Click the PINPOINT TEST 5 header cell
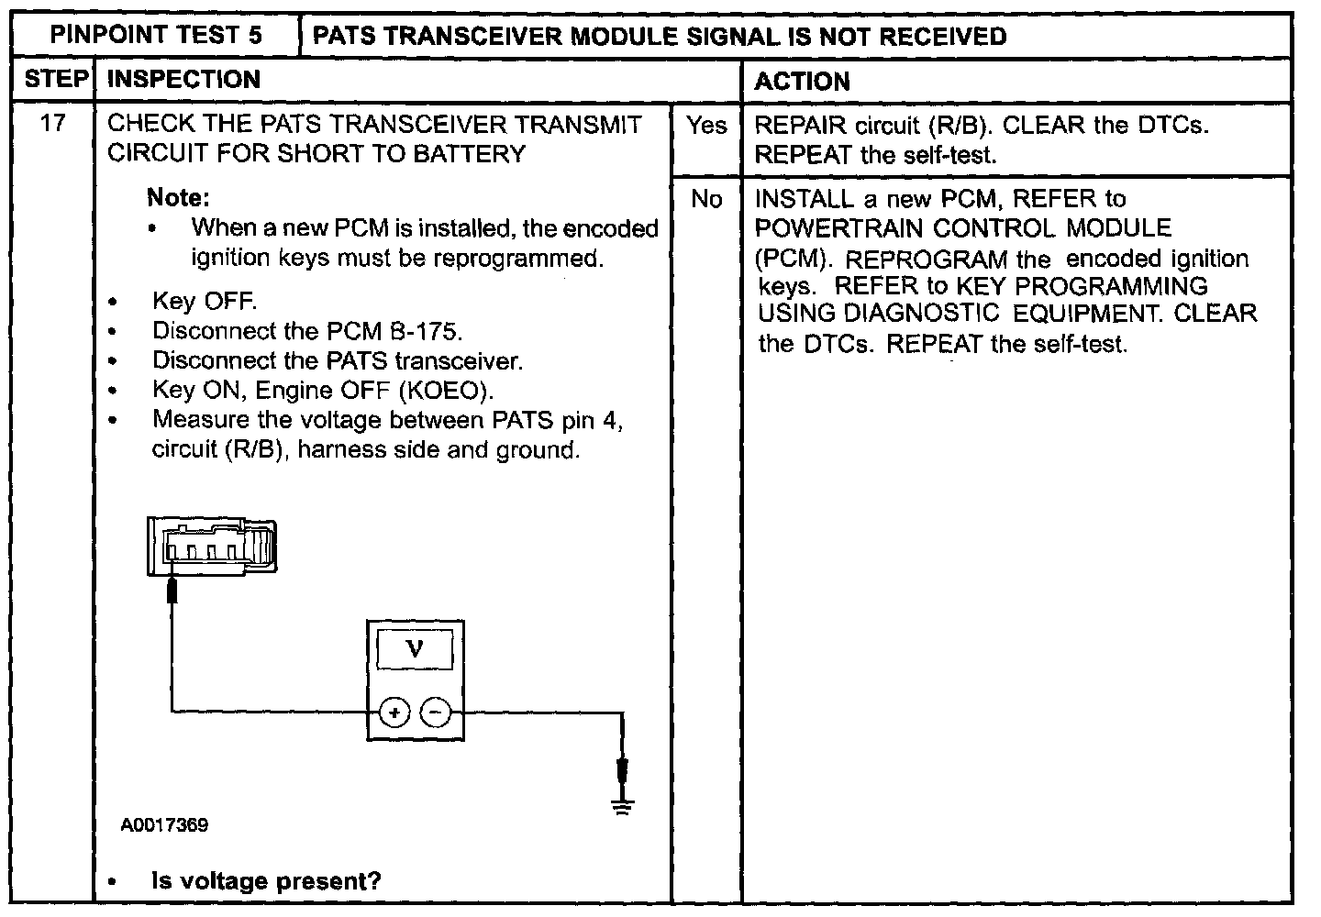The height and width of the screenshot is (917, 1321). click(x=156, y=36)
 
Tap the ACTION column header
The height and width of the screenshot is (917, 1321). click(x=803, y=82)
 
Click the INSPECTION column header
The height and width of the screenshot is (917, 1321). click(x=183, y=80)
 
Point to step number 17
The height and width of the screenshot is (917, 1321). click(x=54, y=124)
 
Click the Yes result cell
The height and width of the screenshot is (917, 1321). click(x=706, y=126)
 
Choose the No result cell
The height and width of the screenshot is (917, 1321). click(x=706, y=199)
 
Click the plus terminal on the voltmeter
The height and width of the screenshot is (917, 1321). click(x=394, y=712)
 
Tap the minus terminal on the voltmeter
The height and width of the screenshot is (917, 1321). click(x=437, y=712)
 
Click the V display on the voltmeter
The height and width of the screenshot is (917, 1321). click(x=415, y=651)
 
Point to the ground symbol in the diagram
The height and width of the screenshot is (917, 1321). click(x=623, y=805)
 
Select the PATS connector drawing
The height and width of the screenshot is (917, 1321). click(x=212, y=547)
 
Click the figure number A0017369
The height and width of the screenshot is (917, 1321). click(x=164, y=825)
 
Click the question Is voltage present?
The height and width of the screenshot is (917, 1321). click(x=266, y=882)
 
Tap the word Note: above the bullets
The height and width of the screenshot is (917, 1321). click(x=178, y=198)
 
